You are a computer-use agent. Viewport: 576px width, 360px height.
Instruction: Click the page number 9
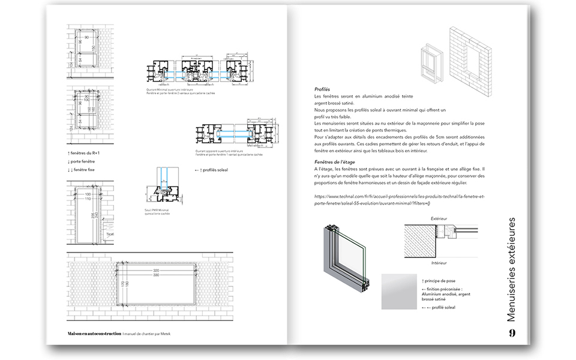512,333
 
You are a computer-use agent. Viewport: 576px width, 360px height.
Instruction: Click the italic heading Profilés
322,89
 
